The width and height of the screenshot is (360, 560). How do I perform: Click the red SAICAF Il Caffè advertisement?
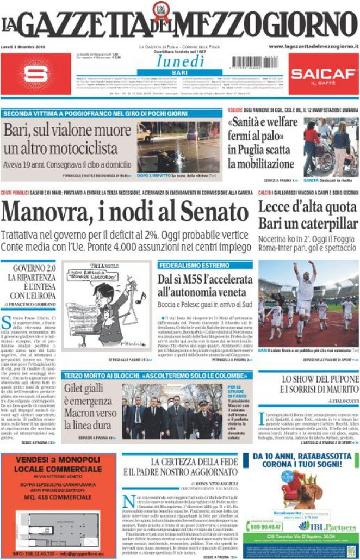click(323, 75)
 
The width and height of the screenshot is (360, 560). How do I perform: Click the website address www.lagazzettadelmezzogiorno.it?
click(314, 47)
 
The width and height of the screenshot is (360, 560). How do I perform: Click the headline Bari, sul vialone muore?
click(70, 139)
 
